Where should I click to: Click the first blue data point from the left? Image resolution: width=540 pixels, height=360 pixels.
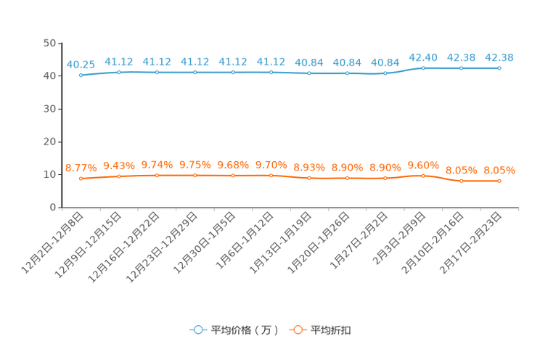(81, 75)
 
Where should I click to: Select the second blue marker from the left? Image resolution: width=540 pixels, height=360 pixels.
(118, 72)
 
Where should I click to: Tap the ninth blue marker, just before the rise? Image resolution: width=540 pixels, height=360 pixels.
(385, 73)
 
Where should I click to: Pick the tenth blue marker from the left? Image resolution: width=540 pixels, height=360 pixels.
(423, 67)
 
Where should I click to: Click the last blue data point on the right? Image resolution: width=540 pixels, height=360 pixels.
(499, 67)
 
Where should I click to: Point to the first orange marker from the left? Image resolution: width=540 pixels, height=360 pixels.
(81, 178)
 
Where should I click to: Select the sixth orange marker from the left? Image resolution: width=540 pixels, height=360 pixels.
(271, 175)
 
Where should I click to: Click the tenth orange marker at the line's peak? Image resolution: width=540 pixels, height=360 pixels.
(423, 175)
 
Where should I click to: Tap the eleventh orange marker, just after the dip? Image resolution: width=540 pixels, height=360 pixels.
(461, 181)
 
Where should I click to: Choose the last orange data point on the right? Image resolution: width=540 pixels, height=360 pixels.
(499, 181)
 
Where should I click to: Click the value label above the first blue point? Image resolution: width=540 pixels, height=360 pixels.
(81, 65)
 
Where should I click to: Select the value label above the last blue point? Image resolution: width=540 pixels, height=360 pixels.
(499, 57)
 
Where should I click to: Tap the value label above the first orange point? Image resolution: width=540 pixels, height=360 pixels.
(81, 168)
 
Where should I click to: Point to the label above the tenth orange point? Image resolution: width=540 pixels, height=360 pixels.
(423, 164)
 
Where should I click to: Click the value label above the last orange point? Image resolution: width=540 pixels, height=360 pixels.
(499, 170)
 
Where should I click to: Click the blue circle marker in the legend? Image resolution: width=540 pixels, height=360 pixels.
(197, 330)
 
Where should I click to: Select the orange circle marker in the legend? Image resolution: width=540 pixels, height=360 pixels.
(297, 330)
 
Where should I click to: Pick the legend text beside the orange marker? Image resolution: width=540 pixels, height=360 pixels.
(332, 330)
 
